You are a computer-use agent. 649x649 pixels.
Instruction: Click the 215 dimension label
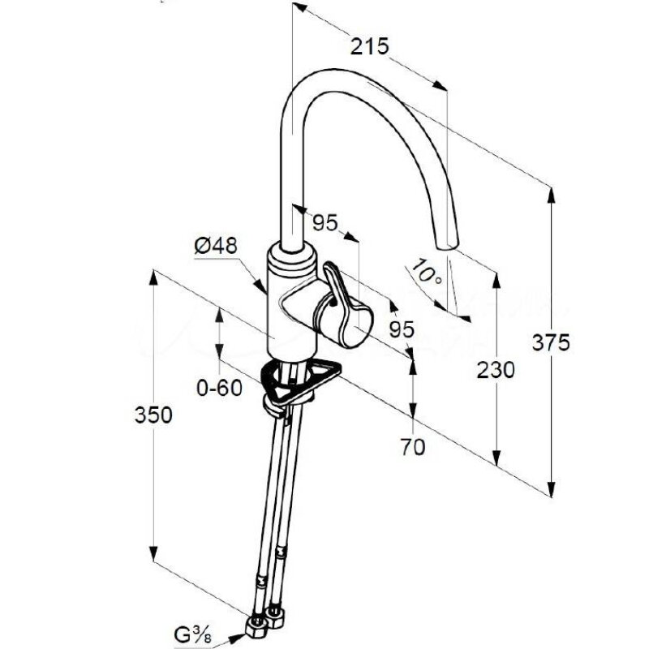370,46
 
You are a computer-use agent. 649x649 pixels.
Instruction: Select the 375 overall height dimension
551,342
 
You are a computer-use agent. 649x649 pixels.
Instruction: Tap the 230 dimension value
496,370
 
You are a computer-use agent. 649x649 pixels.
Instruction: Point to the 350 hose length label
153,415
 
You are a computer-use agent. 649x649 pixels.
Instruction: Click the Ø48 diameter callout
216,246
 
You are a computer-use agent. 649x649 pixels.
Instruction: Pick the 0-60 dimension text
219,388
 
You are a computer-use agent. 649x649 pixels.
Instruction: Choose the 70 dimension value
413,447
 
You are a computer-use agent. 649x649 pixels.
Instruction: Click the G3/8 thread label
193,634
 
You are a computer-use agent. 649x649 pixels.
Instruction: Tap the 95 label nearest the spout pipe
325,222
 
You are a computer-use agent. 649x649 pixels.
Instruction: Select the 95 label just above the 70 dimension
402,329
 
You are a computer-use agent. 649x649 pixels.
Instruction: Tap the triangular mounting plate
300,379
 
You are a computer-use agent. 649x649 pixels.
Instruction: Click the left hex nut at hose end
256,625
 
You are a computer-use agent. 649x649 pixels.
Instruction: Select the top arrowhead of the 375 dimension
551,196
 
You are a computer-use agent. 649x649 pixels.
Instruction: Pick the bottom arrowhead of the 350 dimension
153,554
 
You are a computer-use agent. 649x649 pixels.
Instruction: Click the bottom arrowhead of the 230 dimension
496,458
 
